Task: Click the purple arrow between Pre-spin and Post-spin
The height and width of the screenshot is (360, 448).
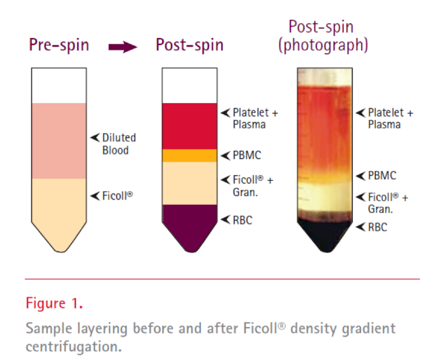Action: point(123,47)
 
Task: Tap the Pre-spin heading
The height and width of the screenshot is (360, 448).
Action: point(59,45)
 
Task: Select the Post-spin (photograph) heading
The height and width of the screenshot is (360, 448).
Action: point(323,36)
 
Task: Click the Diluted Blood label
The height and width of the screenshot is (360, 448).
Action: point(119,144)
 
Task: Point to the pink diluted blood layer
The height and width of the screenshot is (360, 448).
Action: point(59,141)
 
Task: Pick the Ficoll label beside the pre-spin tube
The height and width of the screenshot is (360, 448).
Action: point(117,196)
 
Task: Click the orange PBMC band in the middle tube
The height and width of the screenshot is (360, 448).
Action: point(190,156)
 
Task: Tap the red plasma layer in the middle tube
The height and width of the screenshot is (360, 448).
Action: point(190,126)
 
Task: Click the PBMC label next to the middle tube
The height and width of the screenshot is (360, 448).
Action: point(247,155)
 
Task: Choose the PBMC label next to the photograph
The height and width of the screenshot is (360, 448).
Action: point(382,176)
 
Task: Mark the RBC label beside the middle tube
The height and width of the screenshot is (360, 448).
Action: point(243,220)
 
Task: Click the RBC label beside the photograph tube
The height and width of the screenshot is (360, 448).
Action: point(377,227)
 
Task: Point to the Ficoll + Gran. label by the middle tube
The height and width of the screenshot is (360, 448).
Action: point(253,186)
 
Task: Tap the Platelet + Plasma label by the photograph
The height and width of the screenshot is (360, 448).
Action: point(390,118)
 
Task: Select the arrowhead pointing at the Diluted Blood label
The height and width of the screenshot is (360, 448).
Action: point(95,138)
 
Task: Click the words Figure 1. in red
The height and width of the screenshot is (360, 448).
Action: point(54,303)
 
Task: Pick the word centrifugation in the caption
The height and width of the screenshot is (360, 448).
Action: point(74,346)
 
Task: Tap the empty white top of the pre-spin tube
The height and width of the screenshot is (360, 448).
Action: point(59,86)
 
